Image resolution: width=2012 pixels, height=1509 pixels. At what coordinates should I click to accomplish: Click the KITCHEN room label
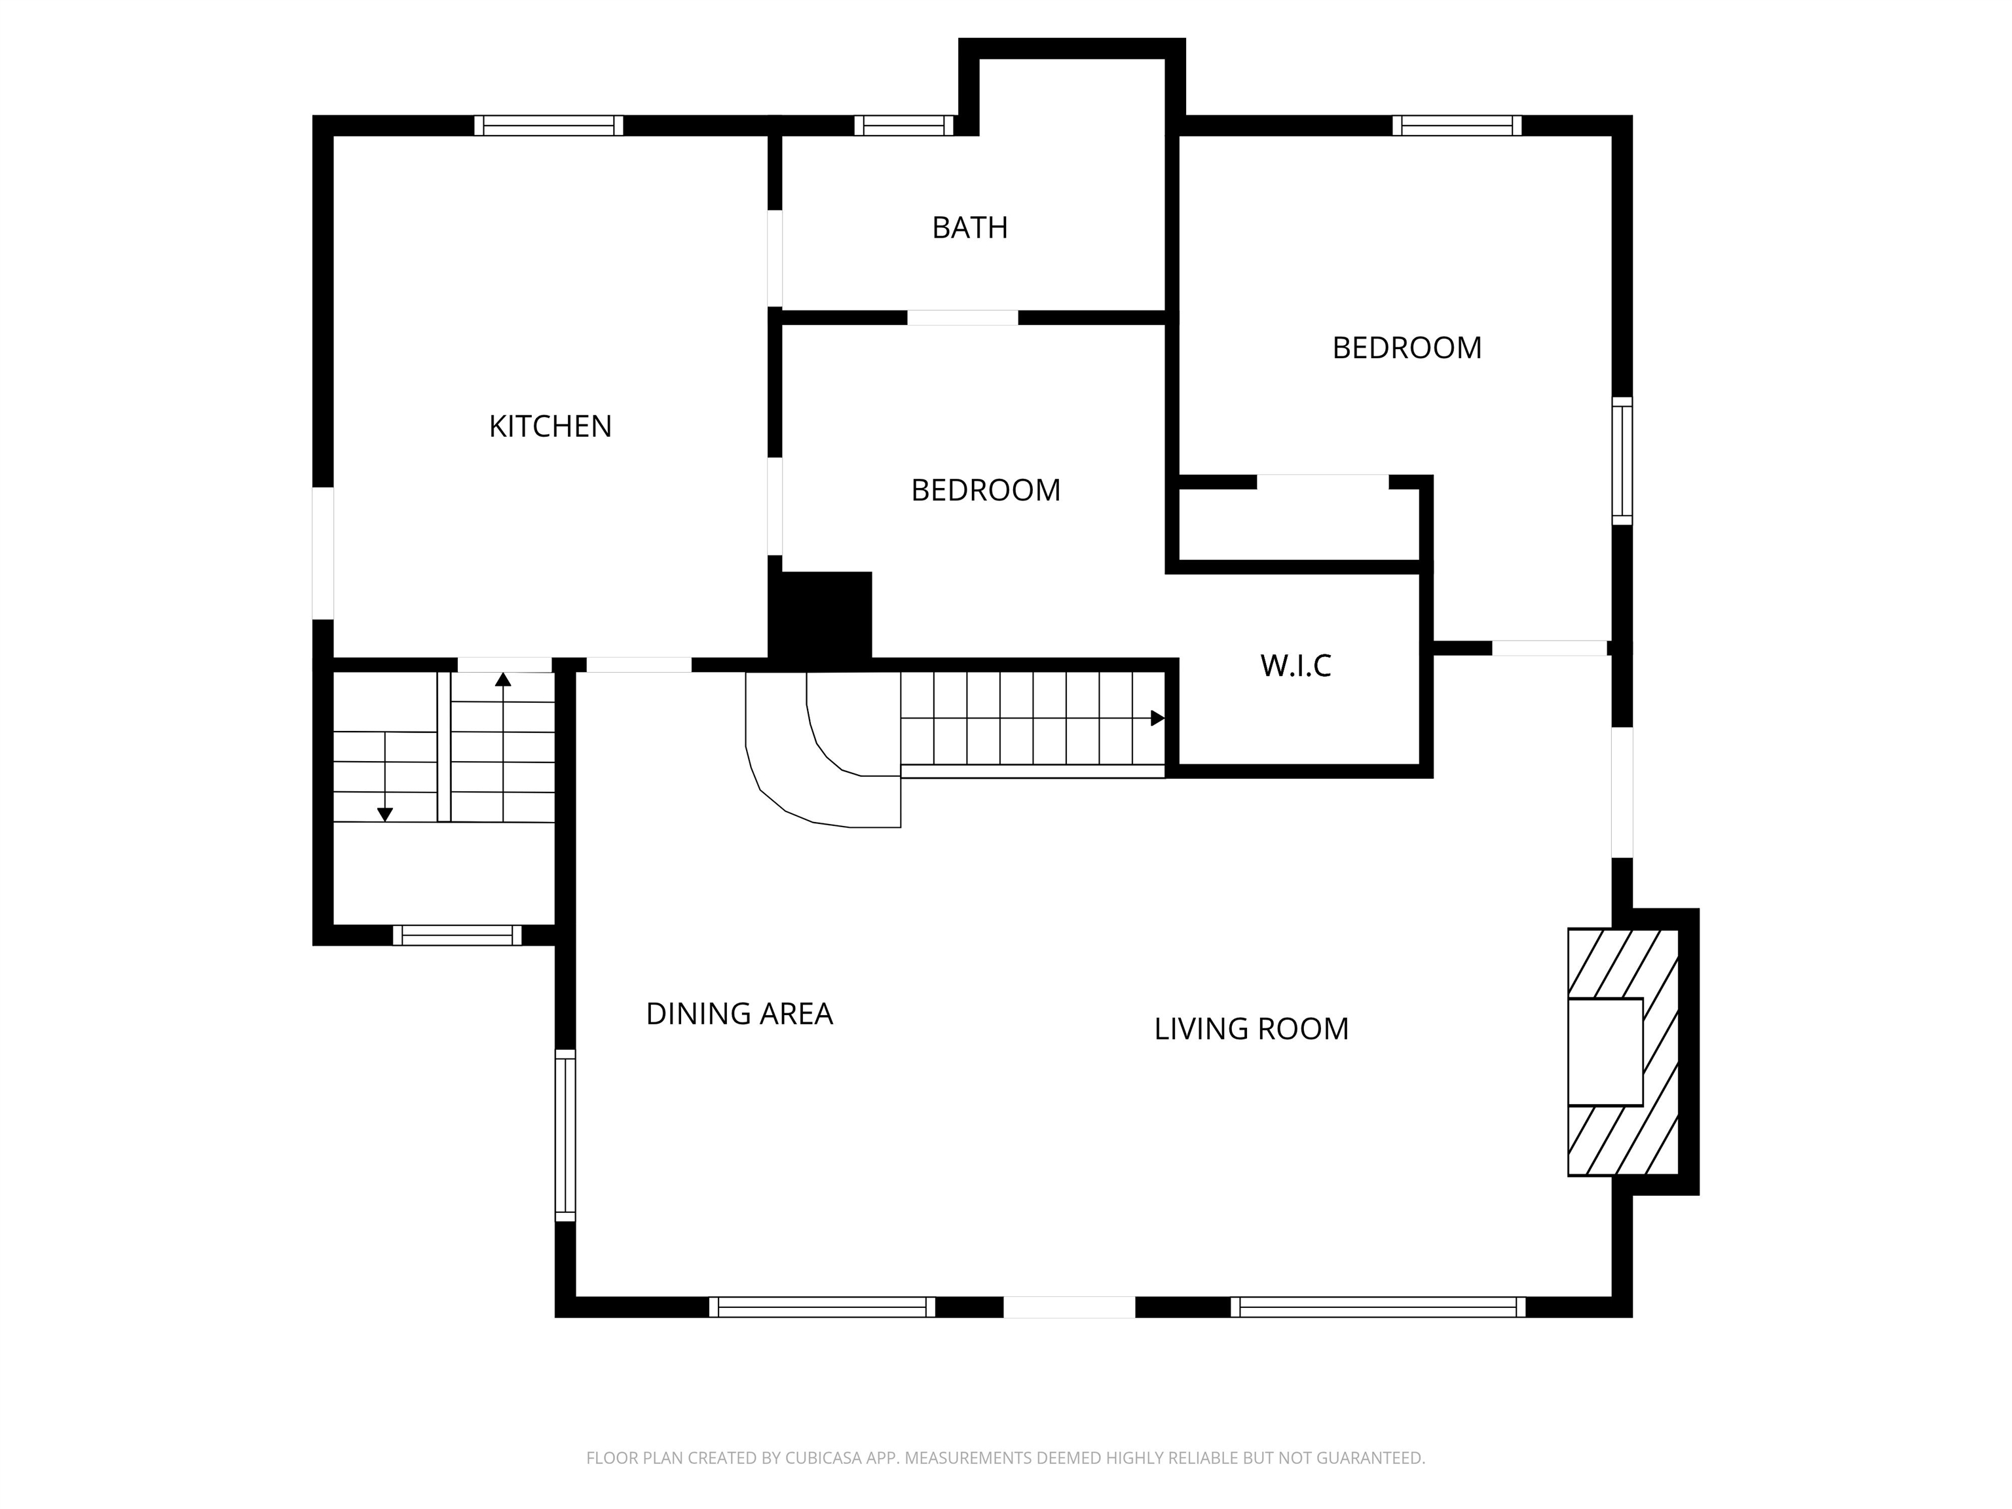550,426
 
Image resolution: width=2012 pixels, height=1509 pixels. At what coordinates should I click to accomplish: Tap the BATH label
969,227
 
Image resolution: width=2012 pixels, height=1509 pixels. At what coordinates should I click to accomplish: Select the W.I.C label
1295,666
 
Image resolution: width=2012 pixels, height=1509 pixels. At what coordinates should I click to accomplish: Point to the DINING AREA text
739,1013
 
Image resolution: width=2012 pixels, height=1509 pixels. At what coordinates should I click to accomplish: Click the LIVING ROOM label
1252,1029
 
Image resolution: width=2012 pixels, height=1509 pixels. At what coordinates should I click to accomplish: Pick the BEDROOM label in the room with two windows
1407,348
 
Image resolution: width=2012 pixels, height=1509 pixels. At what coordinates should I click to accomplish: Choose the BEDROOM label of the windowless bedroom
986,491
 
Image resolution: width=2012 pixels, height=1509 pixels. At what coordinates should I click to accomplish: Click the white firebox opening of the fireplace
1605,1051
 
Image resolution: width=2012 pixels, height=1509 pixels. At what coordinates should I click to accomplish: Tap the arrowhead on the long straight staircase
1157,718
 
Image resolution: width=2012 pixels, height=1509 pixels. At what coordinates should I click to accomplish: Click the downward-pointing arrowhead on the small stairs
384,814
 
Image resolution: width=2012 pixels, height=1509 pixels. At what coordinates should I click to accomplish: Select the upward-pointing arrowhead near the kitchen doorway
503,679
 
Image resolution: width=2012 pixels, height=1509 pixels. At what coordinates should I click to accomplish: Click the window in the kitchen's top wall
548,126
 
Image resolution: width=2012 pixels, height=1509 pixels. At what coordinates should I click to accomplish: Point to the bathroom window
904,126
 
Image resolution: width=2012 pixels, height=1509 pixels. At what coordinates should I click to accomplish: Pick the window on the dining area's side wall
565,1135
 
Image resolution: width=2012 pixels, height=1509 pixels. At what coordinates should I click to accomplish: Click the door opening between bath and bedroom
962,318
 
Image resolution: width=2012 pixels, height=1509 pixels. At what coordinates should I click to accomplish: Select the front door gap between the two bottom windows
1069,1307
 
